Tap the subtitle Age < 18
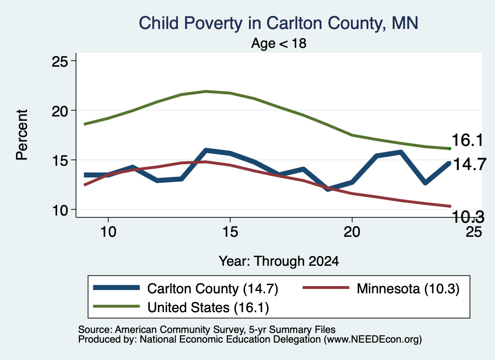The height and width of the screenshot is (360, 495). pos(279,43)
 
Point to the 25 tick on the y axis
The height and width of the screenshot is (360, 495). pos(59,61)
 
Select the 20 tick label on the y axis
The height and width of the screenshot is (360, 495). pos(59,111)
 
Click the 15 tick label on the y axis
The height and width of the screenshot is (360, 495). pos(59,160)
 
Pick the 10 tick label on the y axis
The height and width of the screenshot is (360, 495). pos(59,210)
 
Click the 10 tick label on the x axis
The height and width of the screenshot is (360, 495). pos(108,232)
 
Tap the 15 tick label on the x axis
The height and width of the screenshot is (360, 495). pos(230,232)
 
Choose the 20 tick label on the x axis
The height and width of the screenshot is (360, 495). pos(352,232)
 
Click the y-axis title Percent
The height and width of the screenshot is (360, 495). pos(22,135)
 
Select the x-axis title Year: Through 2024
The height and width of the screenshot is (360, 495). pos(279,261)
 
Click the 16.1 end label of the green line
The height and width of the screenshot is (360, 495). pos(467,140)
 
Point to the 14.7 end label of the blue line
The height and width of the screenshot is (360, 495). pos(469,164)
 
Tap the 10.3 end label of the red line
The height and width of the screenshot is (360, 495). pos(468,217)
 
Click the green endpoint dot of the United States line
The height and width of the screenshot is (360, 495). pos(450,149)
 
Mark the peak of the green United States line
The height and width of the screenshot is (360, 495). pos(206,91)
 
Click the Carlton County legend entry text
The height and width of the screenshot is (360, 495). pos(213,288)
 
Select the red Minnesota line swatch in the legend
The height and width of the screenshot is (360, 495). pos(326,288)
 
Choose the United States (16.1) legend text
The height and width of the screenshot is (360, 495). pos(208,307)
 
